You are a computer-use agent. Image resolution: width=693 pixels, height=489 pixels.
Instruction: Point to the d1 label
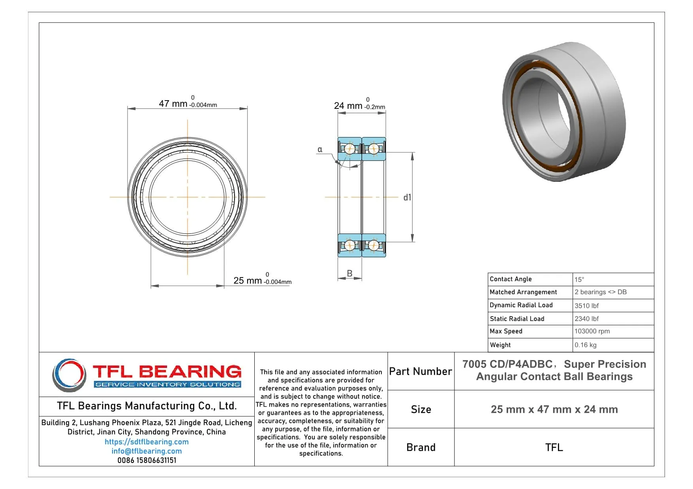pyautogui.click(x=407, y=198)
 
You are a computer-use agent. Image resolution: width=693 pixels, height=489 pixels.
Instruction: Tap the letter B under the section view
pyautogui.click(x=349, y=273)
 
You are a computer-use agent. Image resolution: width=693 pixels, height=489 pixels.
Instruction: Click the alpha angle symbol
pyautogui.click(x=320, y=149)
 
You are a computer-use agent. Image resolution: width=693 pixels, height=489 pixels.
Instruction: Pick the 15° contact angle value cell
pyautogui.click(x=579, y=280)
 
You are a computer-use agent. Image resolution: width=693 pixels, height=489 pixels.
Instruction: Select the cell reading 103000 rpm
pyautogui.click(x=592, y=331)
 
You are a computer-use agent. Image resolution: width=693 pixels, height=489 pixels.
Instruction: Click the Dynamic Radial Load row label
pyautogui.click(x=521, y=305)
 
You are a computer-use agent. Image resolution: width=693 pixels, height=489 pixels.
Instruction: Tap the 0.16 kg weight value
pyautogui.click(x=585, y=345)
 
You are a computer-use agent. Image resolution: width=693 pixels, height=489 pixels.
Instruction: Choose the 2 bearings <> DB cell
pyautogui.click(x=600, y=292)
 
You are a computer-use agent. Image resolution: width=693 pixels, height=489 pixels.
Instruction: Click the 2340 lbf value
pyautogui.click(x=586, y=319)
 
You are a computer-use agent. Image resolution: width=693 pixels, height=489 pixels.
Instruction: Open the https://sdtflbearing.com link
pyautogui.click(x=146, y=442)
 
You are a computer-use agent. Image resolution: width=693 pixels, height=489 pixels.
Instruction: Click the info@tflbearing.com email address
pyautogui.click(x=146, y=451)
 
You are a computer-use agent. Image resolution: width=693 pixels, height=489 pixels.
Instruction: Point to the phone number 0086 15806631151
pyautogui.click(x=146, y=460)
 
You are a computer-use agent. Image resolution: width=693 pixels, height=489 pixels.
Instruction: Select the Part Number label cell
pyautogui.click(x=421, y=371)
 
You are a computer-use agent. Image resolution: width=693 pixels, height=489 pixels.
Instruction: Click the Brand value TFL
pyautogui.click(x=554, y=448)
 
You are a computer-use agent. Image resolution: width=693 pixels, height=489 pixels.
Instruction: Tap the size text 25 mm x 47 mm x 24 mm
pyautogui.click(x=554, y=410)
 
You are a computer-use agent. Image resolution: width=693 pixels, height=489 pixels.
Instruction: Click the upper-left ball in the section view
pyautogui.click(x=349, y=149)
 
